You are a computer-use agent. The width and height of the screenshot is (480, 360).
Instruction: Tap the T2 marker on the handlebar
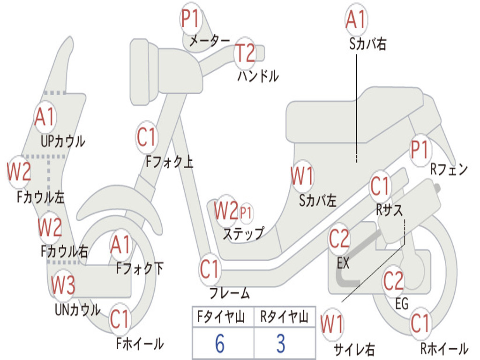coord(245,52)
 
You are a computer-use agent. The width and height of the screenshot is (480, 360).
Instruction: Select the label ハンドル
coord(257,75)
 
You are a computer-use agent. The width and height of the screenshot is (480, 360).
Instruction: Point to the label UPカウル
coord(63,141)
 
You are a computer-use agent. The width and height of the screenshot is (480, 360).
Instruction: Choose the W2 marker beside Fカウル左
coord(19,172)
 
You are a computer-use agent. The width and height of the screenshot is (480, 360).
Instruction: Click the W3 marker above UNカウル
coord(63,285)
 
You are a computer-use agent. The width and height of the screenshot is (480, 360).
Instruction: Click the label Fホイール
coord(140,344)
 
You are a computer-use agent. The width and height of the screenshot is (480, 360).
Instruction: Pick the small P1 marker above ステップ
coord(246,213)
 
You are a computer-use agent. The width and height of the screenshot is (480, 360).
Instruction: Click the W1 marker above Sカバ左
coord(302,176)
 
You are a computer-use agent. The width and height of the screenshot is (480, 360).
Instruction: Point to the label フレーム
coord(229,294)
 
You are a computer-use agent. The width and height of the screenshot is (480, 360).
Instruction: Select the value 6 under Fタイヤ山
coord(219,344)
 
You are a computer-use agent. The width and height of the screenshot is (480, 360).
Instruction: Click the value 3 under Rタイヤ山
coord(280,344)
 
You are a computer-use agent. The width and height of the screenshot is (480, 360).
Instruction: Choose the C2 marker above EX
coord(339,239)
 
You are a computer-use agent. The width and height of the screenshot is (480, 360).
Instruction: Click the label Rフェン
coord(449,170)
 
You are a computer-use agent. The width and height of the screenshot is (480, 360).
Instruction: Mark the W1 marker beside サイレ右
coord(332,324)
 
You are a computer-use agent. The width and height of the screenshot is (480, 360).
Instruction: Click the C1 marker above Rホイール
coord(420,323)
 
